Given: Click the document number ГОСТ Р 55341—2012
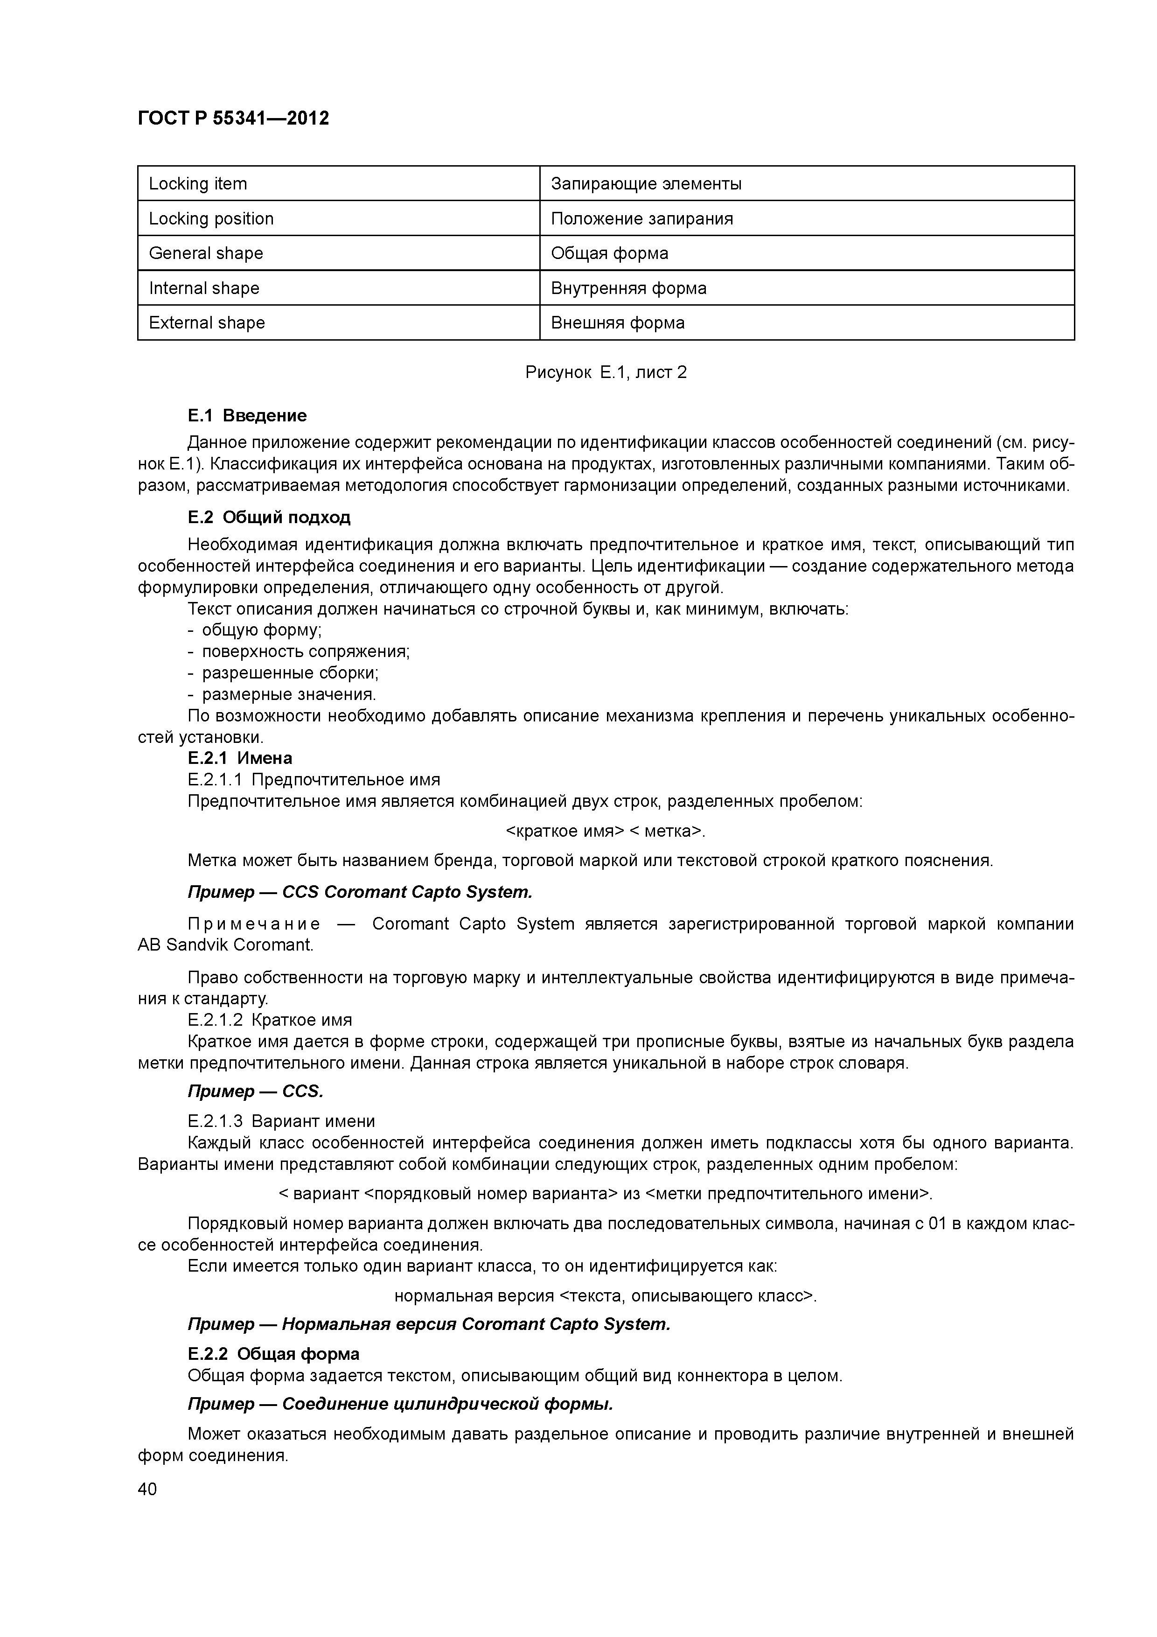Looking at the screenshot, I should [x=233, y=119].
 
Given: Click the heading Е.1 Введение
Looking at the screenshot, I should [x=247, y=416].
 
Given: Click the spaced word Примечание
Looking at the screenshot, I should [x=254, y=925].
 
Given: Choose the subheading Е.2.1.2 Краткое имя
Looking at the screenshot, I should [x=270, y=1020].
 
